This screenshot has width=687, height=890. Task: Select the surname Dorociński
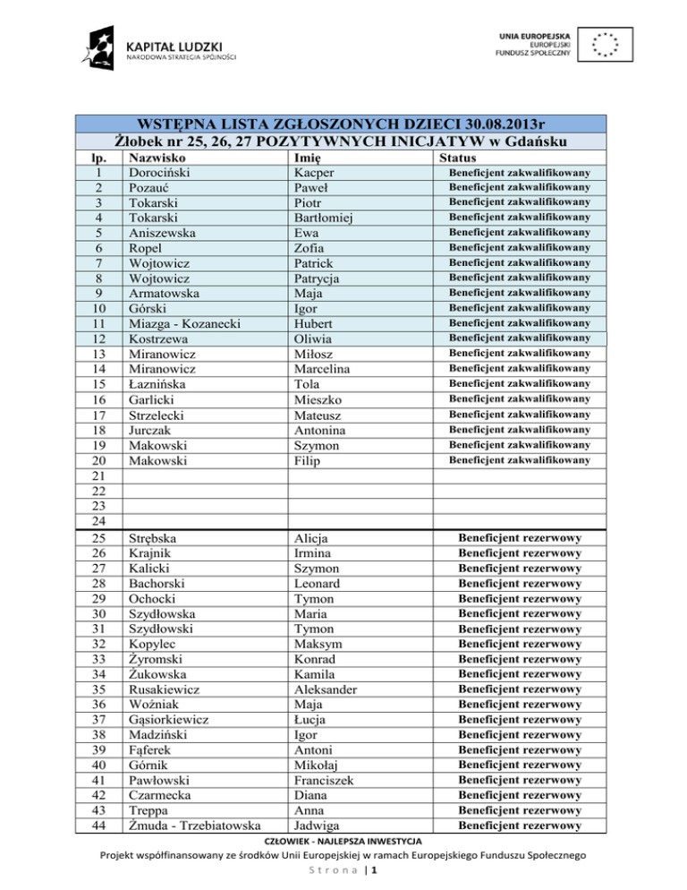[163, 171]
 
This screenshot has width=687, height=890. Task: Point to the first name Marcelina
[327, 369]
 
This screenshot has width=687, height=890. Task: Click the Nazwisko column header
[157, 156]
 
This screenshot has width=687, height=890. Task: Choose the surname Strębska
[153, 538]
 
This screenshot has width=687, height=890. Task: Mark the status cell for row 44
[520, 826]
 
